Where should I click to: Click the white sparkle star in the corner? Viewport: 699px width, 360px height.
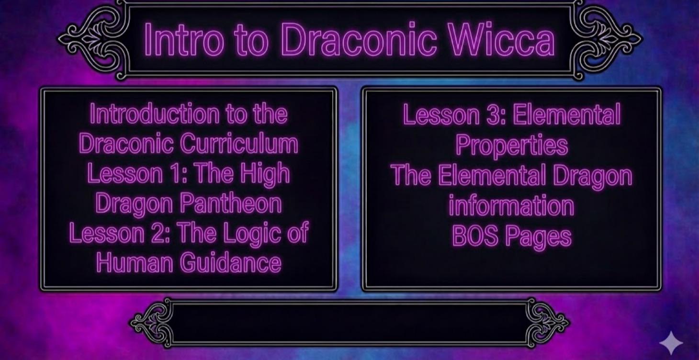point(671,342)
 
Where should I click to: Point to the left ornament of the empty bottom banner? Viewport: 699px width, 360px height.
point(152,322)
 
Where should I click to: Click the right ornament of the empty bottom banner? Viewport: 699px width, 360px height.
point(547,322)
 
